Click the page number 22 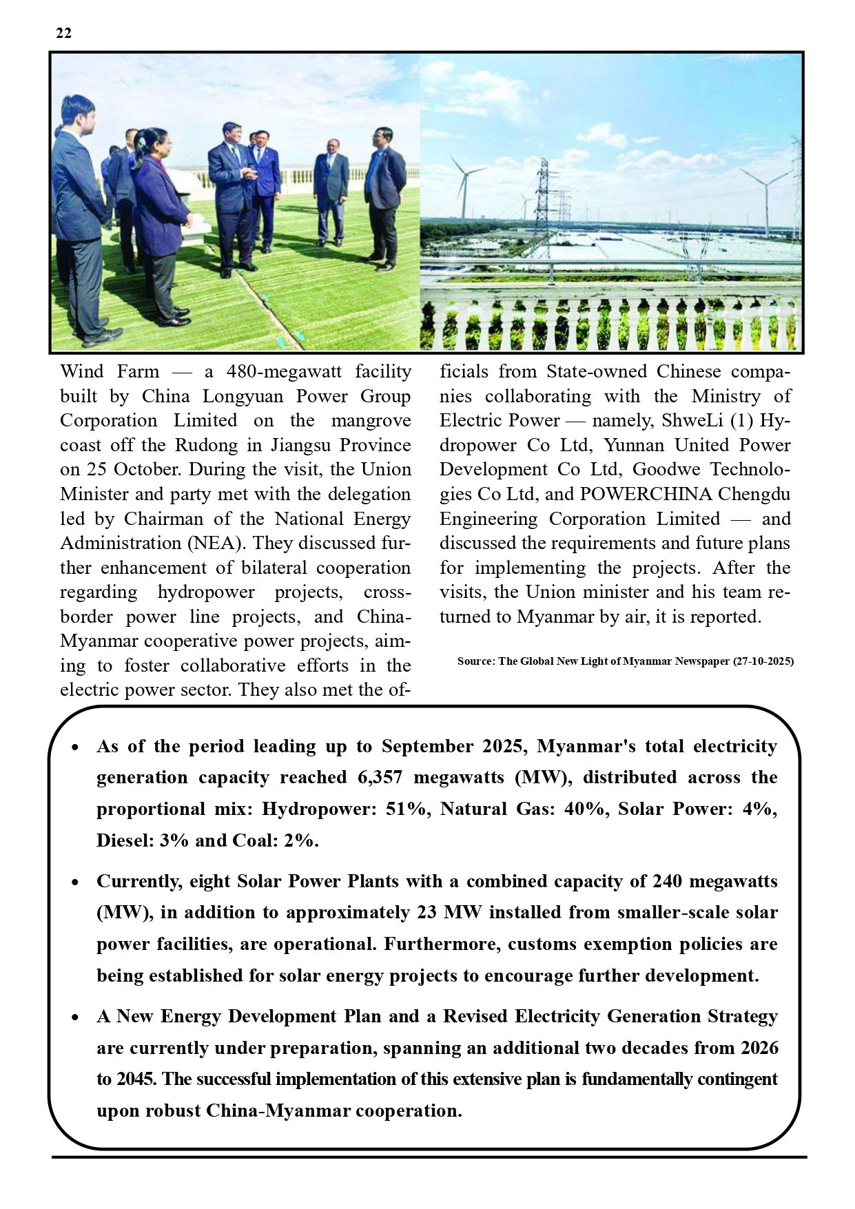coord(63,34)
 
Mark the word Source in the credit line coord(475,661)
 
